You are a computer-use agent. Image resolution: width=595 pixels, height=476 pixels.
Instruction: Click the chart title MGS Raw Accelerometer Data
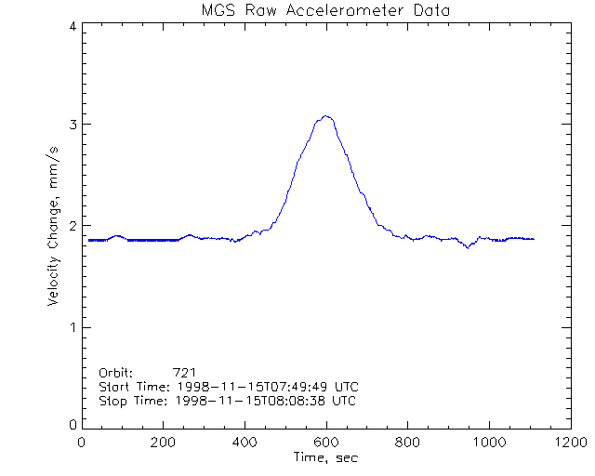coord(324,10)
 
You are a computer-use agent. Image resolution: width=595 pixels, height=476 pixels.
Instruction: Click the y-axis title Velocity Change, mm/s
coord(56,227)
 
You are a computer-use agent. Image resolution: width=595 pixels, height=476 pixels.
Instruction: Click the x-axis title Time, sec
coord(324,457)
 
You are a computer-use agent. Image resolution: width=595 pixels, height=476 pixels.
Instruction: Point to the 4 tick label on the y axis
coord(72,26)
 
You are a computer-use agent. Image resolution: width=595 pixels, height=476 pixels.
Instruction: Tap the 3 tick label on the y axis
coord(72,126)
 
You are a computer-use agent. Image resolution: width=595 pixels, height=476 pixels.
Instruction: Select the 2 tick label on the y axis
coord(72,226)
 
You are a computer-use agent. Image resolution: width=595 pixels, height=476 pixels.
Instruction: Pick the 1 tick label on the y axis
coord(72,326)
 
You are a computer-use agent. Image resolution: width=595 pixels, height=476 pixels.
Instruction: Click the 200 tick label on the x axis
coord(164,443)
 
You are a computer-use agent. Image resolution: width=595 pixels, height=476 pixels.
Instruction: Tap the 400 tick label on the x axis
coord(245,443)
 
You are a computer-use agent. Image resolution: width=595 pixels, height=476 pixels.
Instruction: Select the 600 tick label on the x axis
coord(325,443)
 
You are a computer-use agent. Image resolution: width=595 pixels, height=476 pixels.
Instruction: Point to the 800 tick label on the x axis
coord(407,443)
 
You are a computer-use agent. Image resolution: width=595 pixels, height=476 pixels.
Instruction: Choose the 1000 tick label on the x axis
coord(488,443)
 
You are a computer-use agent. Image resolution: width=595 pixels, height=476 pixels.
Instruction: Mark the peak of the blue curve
coord(326,116)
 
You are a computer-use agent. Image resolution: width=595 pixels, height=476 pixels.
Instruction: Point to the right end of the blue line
coord(534,239)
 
